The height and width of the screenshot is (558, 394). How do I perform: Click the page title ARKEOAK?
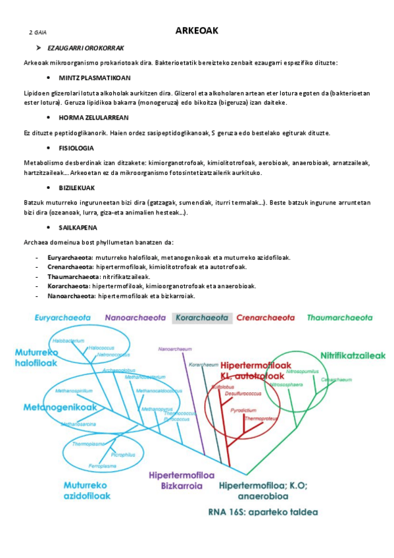tap(197, 31)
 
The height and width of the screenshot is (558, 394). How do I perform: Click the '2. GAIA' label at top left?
tap(37, 32)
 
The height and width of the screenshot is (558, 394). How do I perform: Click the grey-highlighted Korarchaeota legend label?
tap(202, 318)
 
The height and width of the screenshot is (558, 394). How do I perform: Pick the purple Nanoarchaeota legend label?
tap(135, 318)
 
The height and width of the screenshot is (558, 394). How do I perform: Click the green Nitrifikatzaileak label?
tap(353, 355)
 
